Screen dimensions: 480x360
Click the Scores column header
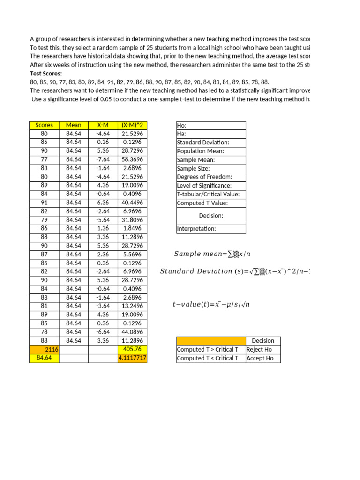(x=44, y=125)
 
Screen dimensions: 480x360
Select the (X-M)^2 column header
(x=132, y=125)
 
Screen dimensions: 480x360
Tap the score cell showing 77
(x=44, y=159)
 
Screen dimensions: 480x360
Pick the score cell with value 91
(x=44, y=202)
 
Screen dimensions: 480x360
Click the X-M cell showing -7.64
(x=103, y=159)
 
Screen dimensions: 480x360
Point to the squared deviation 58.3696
(x=132, y=159)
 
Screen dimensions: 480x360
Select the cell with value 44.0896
(x=132, y=332)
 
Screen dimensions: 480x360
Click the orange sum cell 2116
(x=44, y=350)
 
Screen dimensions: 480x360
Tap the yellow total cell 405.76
(x=132, y=350)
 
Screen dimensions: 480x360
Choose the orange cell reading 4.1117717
(x=132, y=359)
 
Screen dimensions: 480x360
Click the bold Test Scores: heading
(x=46, y=74)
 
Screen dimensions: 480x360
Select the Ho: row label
(x=181, y=125)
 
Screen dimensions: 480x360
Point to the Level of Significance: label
(x=204, y=186)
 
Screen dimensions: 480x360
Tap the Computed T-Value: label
(x=202, y=203)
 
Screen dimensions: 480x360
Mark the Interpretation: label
(x=196, y=229)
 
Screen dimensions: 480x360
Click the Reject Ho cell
(x=259, y=350)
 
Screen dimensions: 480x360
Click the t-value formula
(x=211, y=305)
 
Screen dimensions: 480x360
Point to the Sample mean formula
(x=212, y=254)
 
